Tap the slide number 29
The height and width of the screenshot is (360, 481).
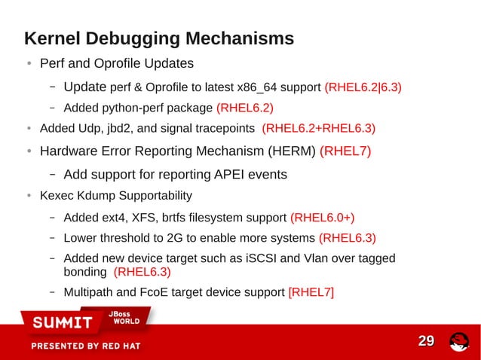coord(426,342)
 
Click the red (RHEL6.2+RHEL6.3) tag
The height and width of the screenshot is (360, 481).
coord(318,127)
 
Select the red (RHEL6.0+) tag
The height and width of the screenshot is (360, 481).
coord(322,218)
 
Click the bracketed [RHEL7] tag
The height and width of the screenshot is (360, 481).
coord(311,291)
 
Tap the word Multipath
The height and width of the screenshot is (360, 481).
coord(88,291)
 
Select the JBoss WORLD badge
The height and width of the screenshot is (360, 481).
coord(127,317)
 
